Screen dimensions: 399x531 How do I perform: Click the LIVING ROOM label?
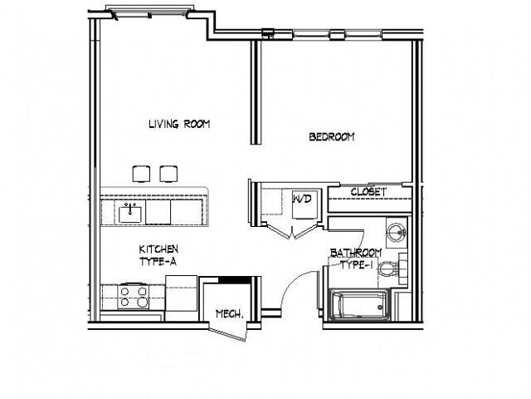179,125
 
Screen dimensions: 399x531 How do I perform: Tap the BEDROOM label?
332,137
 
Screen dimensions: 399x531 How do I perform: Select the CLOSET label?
368,192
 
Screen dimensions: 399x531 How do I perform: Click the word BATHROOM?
356,253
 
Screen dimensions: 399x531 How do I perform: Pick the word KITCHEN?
158,249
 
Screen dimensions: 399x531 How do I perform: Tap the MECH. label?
229,313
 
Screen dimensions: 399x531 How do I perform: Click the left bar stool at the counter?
140,173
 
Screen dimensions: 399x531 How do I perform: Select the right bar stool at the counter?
168,173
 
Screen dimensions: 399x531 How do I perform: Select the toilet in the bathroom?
402,267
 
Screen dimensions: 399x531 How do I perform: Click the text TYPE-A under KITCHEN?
158,261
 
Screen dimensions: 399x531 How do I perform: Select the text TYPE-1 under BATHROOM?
356,264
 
